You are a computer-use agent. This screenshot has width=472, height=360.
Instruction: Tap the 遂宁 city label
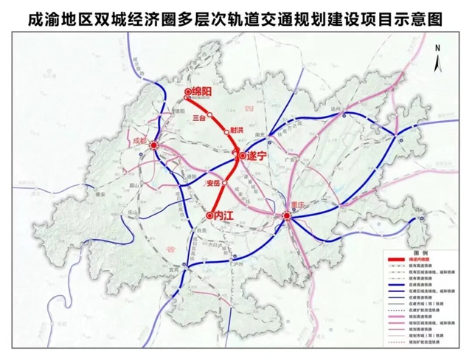point(257,156)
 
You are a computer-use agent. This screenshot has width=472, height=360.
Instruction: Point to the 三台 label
point(196,117)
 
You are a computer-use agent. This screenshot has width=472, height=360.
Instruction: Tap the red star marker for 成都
point(154,146)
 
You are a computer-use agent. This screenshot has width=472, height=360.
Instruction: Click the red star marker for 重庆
point(288,215)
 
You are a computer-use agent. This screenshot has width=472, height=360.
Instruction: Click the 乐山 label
point(135,211)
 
